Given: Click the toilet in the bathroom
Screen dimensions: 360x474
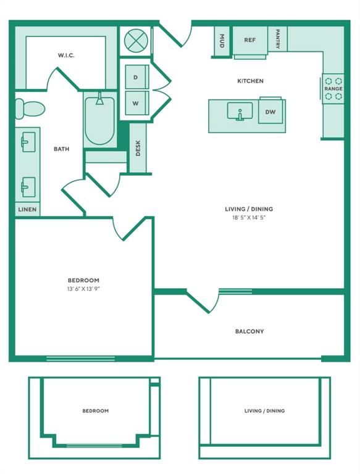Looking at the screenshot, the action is click(x=30, y=109).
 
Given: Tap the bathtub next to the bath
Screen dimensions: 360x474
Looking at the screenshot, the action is click(x=99, y=120).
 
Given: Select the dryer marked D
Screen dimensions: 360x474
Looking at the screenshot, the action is click(x=136, y=77).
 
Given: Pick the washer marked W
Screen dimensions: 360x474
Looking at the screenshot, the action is click(x=136, y=103).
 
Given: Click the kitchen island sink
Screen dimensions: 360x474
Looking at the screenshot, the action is click(x=240, y=111).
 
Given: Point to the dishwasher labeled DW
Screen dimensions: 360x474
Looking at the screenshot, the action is click(x=270, y=112).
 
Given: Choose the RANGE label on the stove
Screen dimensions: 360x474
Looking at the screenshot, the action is click(x=333, y=89).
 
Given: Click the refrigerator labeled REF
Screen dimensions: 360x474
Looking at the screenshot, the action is click(x=250, y=40).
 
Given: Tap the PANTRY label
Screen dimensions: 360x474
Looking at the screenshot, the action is click(x=278, y=39).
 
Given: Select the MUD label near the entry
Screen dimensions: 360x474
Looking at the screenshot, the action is click(x=222, y=41).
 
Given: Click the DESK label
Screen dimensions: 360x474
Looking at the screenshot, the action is click(x=138, y=148).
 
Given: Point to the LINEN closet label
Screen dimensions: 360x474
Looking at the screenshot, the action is click(x=27, y=209).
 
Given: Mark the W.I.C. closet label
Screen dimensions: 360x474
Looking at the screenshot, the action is click(x=66, y=56).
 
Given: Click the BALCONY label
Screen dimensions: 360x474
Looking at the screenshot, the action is click(x=249, y=331).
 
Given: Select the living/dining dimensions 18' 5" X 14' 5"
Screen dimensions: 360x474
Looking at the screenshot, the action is click(x=249, y=217).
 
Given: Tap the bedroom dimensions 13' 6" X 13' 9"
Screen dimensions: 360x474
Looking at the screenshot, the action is click(x=83, y=289).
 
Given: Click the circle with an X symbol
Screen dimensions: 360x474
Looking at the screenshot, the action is click(x=136, y=41).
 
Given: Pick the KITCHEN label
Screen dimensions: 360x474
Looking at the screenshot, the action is click(x=250, y=81).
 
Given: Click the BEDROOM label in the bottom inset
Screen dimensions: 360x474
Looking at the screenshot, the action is click(x=96, y=411).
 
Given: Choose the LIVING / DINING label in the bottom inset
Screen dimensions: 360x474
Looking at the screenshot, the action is click(x=265, y=411).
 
